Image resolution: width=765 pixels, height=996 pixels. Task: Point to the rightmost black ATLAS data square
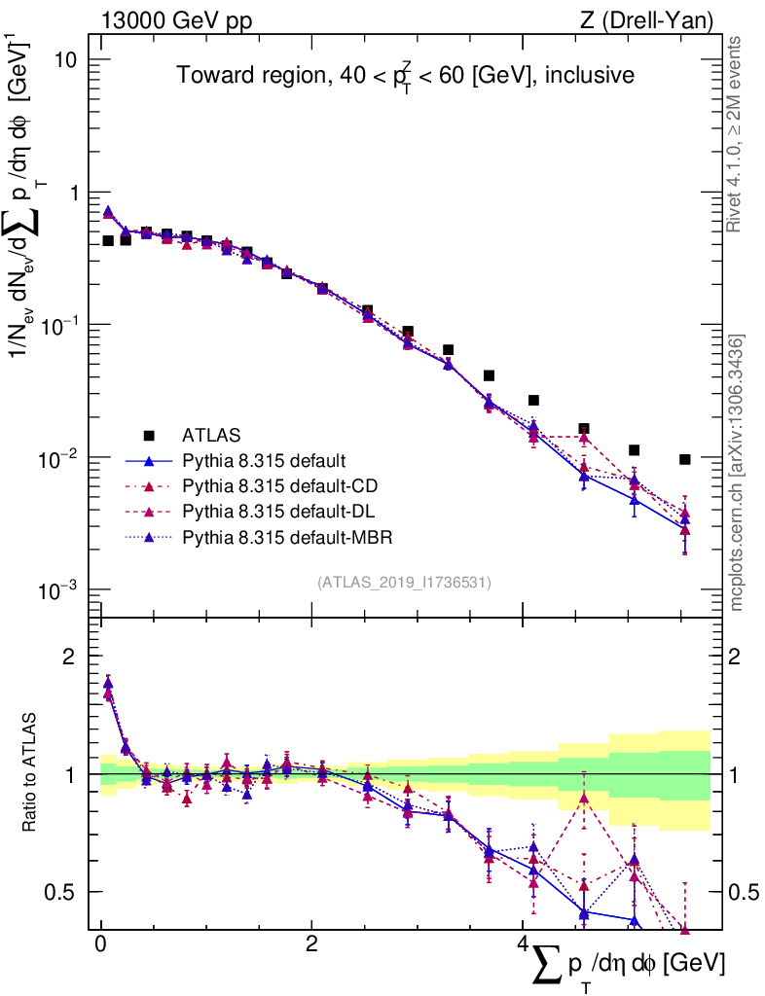click(685, 459)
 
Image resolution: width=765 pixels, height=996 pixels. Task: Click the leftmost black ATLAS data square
click(108, 241)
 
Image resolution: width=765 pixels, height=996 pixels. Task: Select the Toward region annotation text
click(405, 76)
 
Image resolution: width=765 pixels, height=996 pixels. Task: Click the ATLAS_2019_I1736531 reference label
click(404, 583)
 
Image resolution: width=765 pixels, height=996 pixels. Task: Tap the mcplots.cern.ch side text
click(737, 472)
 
